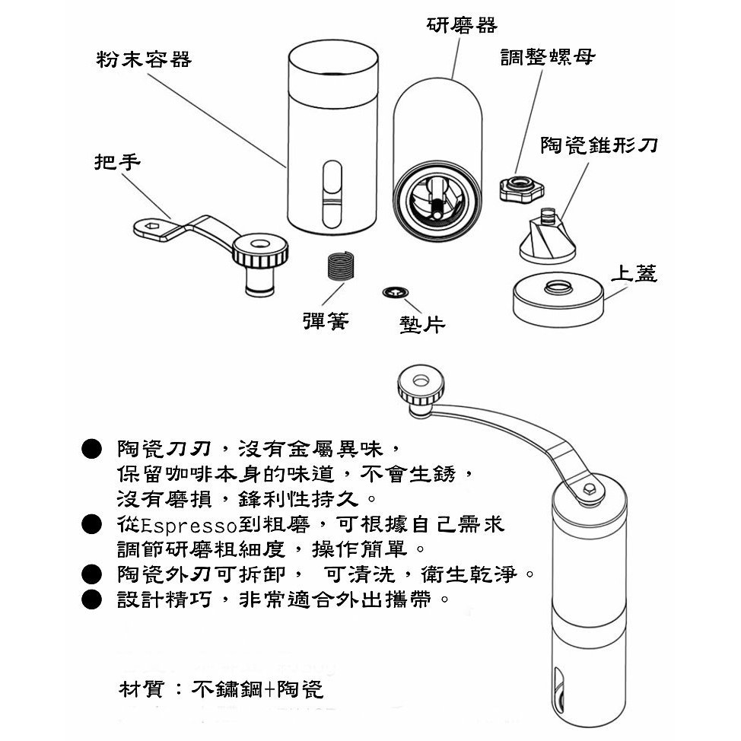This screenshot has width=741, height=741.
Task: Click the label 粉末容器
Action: coord(144,59)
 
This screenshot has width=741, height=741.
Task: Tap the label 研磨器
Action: coord(462,25)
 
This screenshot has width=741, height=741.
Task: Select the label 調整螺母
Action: coord(548,57)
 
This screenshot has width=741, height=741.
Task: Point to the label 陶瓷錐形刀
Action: coord(599,145)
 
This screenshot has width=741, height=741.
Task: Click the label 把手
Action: coord(117,162)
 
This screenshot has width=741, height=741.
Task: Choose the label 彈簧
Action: coord(326,321)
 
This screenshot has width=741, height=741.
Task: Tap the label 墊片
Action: coord(422,324)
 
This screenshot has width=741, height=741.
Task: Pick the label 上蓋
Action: coord(634,273)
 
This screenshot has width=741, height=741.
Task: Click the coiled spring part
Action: coord(340,266)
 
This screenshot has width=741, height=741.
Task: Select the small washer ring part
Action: coord(396,293)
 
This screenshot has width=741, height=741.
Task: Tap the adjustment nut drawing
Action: coord(522,188)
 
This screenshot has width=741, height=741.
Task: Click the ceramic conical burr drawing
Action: coord(548,237)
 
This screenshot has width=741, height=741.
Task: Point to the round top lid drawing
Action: coord(558,299)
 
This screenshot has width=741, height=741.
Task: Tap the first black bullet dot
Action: coord(91,449)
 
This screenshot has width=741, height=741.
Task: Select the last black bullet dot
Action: coord(91,599)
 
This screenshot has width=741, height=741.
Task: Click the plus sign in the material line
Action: coord(270,690)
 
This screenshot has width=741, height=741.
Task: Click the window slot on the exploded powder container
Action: coord(332,194)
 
